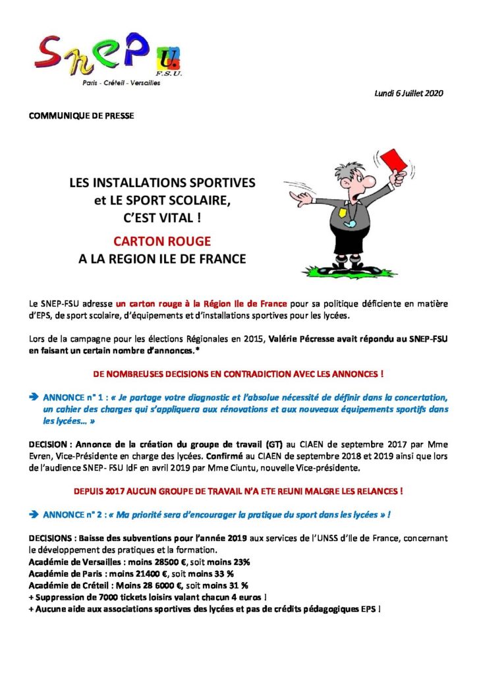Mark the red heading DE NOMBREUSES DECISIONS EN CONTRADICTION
(238, 372)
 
